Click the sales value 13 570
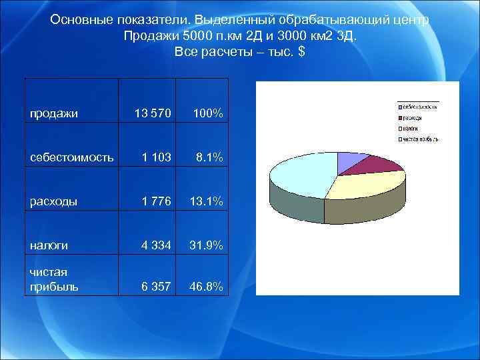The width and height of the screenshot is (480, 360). [x=148, y=113]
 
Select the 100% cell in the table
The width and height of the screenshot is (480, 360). [x=208, y=113]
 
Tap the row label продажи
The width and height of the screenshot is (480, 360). [x=53, y=113]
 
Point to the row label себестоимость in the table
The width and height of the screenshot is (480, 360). [x=71, y=157]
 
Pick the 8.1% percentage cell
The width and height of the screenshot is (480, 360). [x=209, y=157]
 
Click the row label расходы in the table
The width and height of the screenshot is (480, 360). [x=53, y=201]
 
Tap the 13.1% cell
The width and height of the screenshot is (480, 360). [x=207, y=201]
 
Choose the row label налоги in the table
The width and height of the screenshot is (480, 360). [x=49, y=245]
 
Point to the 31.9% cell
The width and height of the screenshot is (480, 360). [x=207, y=245]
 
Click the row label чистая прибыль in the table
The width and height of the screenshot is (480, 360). [x=54, y=279]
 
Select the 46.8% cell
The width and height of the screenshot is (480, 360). [x=207, y=287]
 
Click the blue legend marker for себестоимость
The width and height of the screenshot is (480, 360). [x=400, y=107]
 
